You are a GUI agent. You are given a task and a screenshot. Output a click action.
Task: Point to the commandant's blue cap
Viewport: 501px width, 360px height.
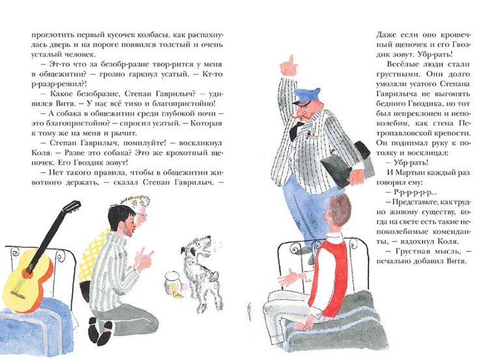coord(305,96)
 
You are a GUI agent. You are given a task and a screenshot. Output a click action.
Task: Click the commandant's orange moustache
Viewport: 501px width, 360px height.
coord(299,119)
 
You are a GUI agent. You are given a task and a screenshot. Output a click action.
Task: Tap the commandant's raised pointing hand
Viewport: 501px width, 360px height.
coord(288,66)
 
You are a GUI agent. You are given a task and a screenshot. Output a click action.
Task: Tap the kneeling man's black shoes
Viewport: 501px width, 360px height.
coord(100,331)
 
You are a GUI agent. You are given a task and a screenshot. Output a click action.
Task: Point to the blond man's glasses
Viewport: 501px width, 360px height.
coord(143,215)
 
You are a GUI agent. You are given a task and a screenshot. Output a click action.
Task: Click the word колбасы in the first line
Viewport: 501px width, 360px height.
coord(150,35)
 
